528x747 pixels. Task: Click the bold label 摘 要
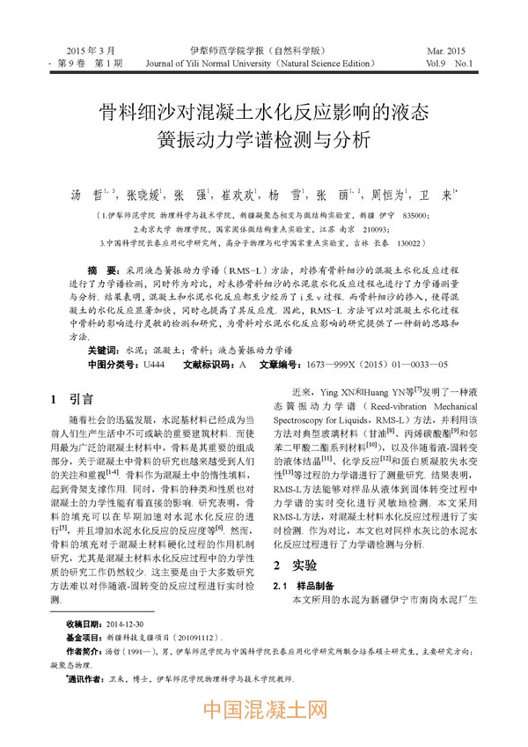click(104, 265)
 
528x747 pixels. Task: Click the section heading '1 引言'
click(67, 397)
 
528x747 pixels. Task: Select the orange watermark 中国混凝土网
click(264, 709)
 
